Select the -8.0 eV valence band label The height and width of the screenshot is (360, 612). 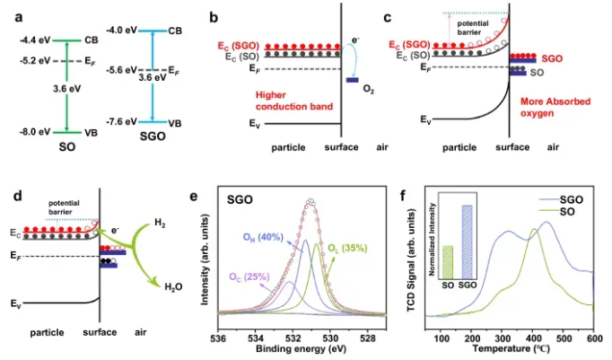tap(34, 130)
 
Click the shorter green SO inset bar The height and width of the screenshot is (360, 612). tap(447, 260)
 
